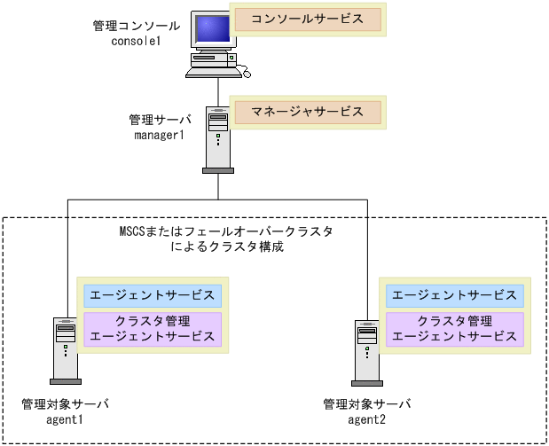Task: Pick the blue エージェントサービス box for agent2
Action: point(454,294)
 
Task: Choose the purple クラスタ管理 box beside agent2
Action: point(454,329)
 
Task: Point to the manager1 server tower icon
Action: point(218,138)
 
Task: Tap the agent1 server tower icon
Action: point(63,349)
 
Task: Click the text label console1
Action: point(135,42)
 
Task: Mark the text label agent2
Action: point(366,419)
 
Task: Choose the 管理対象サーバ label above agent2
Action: point(366,404)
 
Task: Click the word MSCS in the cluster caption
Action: point(132,232)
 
